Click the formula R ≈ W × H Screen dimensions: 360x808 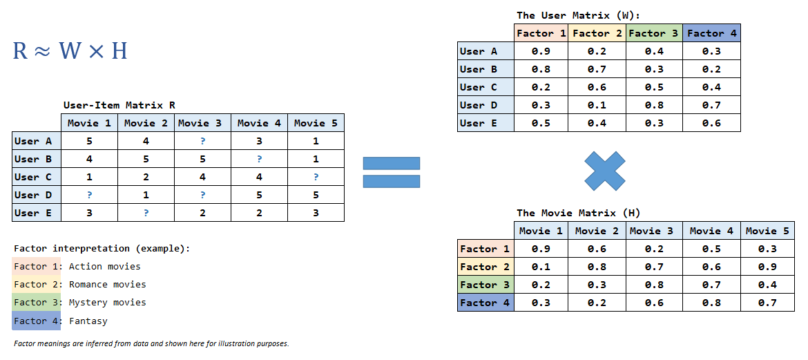coord(70,50)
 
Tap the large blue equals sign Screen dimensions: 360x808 coord(391,172)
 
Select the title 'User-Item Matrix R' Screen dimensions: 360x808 coord(119,105)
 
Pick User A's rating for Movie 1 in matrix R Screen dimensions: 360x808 coord(89,141)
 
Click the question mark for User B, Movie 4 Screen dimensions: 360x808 coord(259,159)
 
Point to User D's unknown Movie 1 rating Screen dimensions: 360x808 coord(89,195)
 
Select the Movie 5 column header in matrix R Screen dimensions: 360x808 coord(316,123)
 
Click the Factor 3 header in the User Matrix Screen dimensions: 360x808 coord(654,33)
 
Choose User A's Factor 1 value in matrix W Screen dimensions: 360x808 coord(542,51)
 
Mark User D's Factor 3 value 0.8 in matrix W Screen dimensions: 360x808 coord(654,105)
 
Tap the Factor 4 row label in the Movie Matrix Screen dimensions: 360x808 coord(485,303)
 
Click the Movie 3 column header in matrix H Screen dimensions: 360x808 coord(654,231)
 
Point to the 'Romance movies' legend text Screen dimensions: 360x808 coord(107,284)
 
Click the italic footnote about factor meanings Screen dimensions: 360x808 coord(151,343)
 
